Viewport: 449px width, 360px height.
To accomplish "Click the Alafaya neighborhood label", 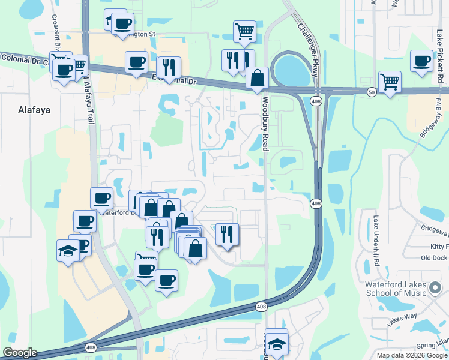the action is (34, 110).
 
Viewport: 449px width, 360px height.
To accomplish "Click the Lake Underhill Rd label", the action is (376, 241).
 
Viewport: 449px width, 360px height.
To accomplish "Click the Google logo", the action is (20, 353).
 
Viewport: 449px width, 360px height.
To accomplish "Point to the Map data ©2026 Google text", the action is (411, 355).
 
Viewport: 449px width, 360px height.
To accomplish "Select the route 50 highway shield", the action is (372, 91).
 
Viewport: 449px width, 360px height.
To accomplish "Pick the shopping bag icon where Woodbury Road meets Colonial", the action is (257, 77).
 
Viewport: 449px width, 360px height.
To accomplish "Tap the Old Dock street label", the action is (435, 258).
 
